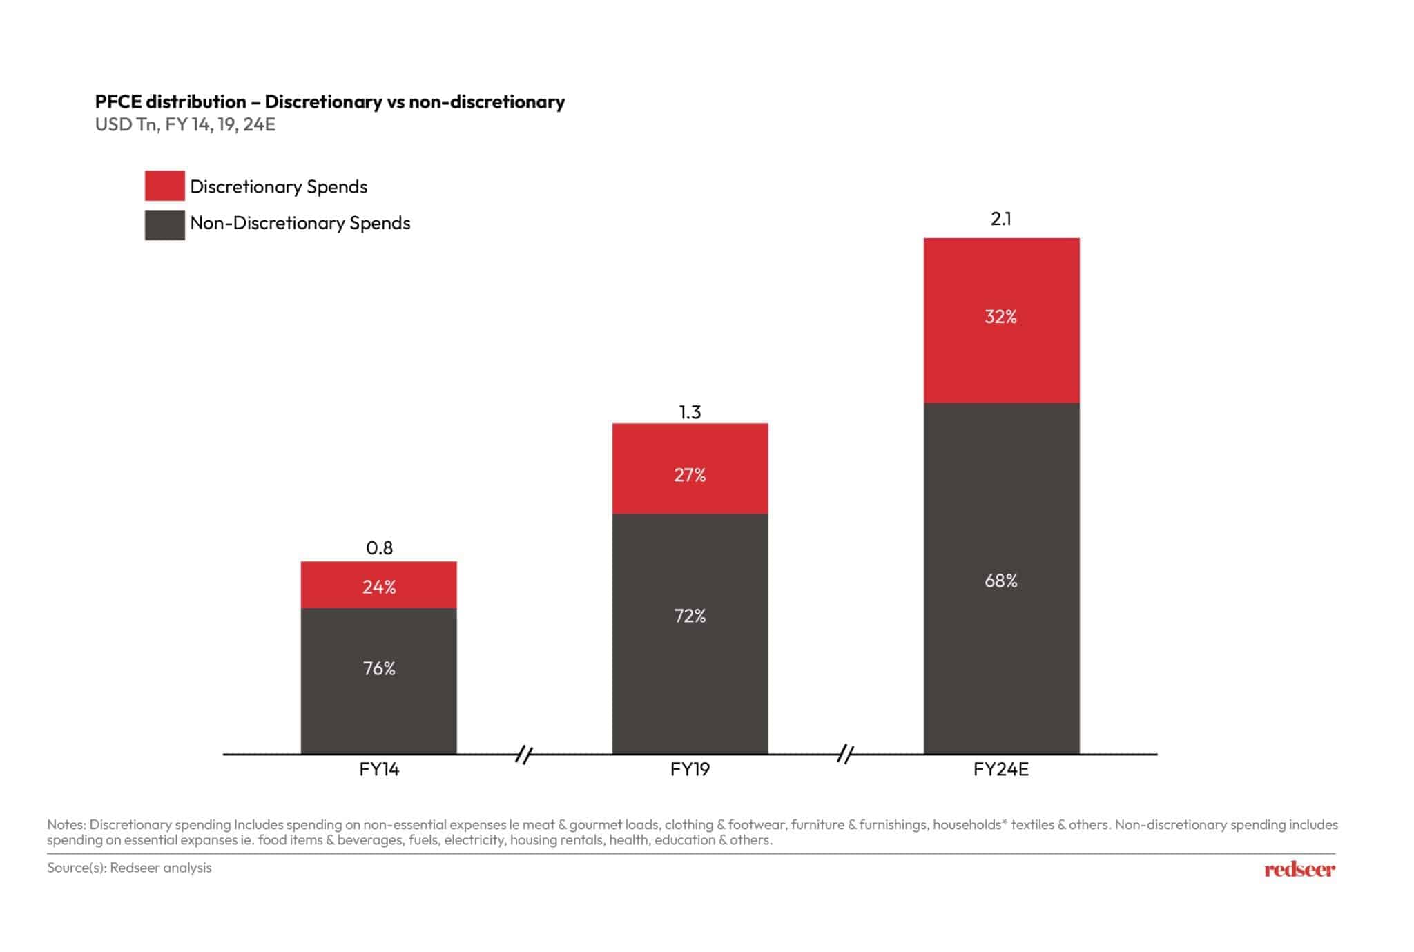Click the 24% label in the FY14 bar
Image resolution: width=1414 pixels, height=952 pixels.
tap(379, 587)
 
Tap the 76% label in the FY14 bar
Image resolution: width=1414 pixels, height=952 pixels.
tap(379, 668)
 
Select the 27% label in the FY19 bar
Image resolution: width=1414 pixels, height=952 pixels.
tap(690, 475)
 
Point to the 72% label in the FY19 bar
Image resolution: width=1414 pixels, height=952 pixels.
tap(690, 616)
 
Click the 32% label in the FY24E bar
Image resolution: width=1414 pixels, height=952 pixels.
tap(1000, 317)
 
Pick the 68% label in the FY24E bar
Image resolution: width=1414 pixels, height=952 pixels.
tap(1000, 581)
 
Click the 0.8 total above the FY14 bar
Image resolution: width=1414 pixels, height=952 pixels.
tap(379, 548)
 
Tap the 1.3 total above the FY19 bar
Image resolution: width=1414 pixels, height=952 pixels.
tap(690, 412)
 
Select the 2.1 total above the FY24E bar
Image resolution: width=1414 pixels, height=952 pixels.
tap(1000, 219)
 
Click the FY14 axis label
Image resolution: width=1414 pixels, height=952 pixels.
tap(379, 769)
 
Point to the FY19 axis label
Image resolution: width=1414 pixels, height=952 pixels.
tap(690, 769)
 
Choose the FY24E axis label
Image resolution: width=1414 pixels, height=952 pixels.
tap(1000, 769)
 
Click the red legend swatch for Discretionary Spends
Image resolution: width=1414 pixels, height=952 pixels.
tap(164, 186)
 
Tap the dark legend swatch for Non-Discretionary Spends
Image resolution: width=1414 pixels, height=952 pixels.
tap(164, 225)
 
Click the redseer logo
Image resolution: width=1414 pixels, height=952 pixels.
tap(1299, 869)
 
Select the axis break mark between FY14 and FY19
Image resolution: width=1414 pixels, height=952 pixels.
tap(524, 755)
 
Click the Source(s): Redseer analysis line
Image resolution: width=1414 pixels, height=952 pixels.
tap(129, 868)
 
